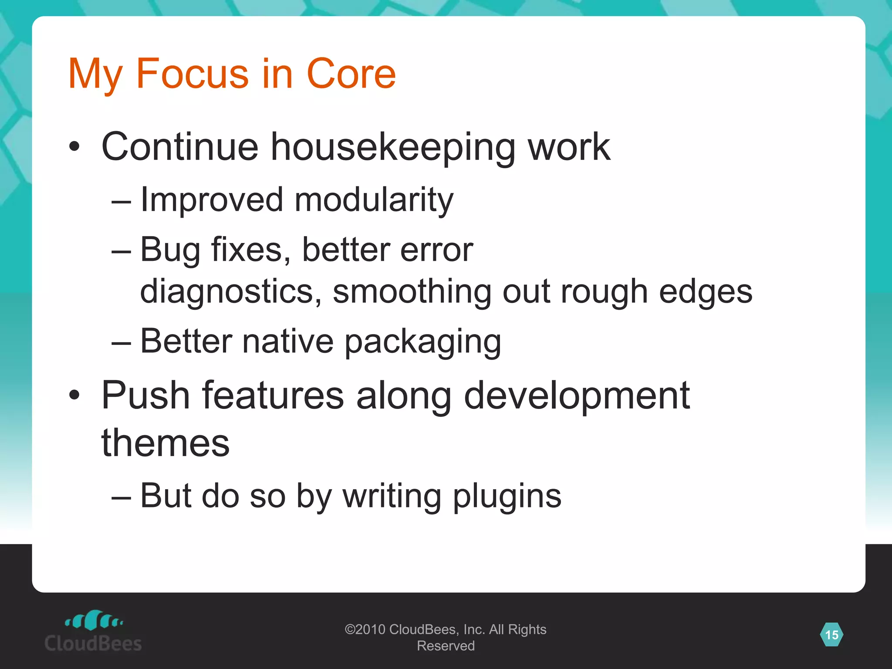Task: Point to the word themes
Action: pyautogui.click(x=166, y=443)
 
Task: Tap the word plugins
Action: pyautogui.click(x=507, y=497)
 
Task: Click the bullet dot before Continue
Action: pyautogui.click(x=74, y=147)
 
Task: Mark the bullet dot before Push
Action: pyautogui.click(x=74, y=395)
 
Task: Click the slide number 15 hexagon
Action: pyautogui.click(x=831, y=635)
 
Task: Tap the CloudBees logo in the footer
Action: pyautogui.click(x=93, y=631)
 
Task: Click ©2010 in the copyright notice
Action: pyautogui.click(x=365, y=629)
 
